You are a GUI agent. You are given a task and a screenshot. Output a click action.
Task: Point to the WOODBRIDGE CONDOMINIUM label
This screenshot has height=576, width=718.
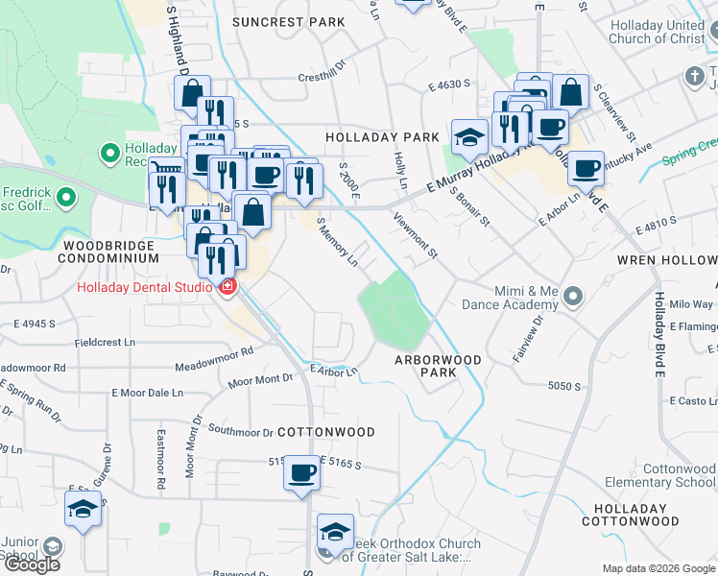109,252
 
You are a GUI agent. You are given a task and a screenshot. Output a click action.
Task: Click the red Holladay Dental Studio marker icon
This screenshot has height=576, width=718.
227,287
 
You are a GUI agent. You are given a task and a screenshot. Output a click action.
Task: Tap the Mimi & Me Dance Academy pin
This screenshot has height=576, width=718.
573,296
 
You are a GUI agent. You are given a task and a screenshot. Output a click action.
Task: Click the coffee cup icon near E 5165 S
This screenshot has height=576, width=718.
302,473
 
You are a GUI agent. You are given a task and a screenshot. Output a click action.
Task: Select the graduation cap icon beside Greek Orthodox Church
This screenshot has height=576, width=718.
335,531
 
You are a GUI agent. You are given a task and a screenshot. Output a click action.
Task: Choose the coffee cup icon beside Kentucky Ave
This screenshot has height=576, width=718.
586,169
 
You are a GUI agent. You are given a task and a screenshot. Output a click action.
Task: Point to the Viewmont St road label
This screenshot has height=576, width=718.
416,235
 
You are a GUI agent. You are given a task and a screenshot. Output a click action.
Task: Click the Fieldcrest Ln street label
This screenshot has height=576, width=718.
105,342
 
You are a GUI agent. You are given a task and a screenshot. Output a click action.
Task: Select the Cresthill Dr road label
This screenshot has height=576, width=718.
321,78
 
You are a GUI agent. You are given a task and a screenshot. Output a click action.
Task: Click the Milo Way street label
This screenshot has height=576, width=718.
691,304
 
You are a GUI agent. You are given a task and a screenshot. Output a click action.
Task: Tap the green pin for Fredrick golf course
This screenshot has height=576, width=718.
66,198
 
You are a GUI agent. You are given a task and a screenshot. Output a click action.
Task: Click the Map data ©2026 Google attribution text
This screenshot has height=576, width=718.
658,568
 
